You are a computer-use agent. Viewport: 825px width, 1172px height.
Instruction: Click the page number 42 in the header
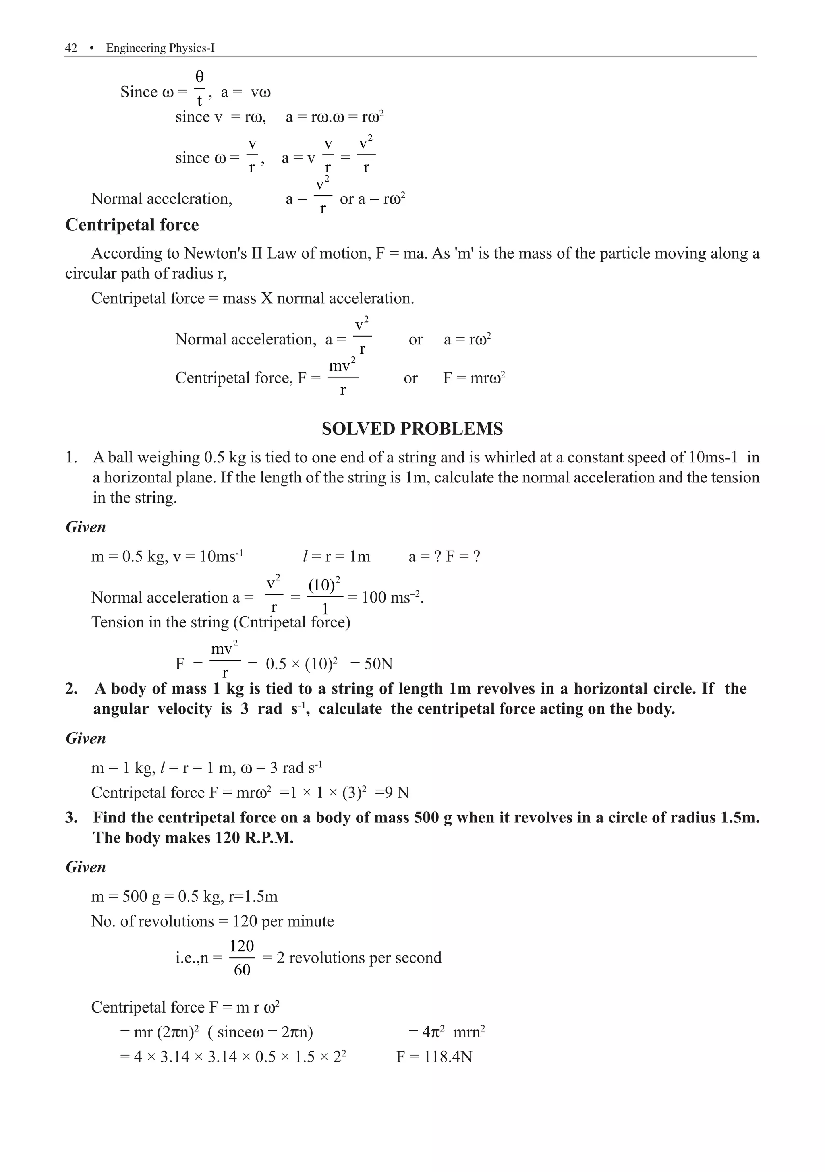click(71, 48)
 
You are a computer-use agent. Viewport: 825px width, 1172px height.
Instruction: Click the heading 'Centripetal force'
click(132, 225)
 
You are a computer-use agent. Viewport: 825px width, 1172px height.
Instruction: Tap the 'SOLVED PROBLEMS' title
click(412, 429)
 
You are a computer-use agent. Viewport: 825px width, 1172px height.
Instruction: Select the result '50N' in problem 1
click(378, 664)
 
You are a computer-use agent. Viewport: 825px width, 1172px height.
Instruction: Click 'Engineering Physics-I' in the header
click(160, 48)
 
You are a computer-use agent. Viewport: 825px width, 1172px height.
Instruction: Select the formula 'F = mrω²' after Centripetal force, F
click(474, 378)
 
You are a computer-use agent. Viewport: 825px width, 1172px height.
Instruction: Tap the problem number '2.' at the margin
click(71, 689)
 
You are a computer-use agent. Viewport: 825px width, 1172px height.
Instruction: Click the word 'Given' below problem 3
click(86, 867)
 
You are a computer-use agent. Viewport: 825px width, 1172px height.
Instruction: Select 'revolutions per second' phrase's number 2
click(280, 958)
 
